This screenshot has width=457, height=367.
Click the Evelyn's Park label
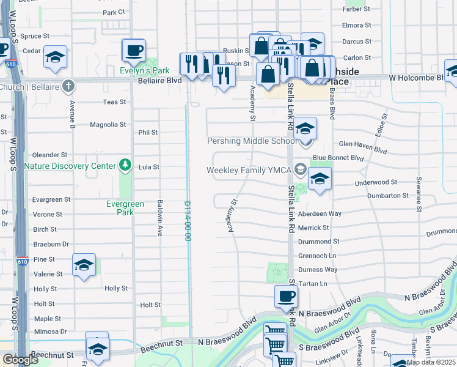(144, 71)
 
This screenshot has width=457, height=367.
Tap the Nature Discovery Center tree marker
(125, 165)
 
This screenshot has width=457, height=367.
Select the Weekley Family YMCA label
(250, 170)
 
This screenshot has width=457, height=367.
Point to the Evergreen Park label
(125, 208)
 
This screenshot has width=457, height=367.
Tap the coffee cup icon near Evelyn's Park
(134, 50)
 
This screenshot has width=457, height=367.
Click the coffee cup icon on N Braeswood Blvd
(286, 297)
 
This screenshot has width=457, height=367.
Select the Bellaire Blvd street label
(159, 80)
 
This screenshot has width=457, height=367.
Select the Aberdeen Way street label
(320, 213)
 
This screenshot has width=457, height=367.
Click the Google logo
(20, 360)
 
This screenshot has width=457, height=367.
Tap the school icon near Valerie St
(84, 265)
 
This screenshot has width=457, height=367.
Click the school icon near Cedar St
(55, 57)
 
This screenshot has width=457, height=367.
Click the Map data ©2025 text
(431, 362)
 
